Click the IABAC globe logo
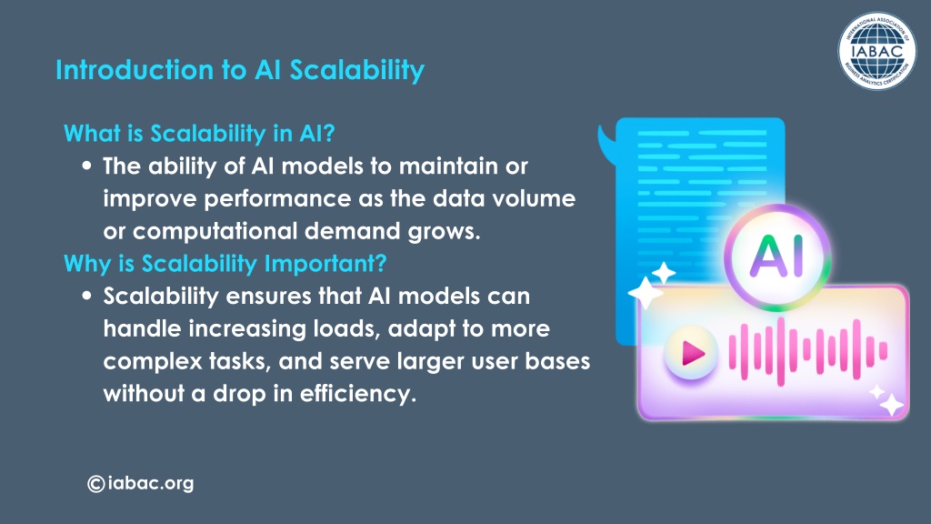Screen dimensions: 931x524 coord(877,51)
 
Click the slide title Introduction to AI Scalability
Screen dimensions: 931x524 coord(240,70)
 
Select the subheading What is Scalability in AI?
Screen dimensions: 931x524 coord(199,133)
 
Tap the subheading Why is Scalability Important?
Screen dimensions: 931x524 coord(225,263)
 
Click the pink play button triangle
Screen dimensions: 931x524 coord(693,354)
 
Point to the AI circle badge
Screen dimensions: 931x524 coord(777,257)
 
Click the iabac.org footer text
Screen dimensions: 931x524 coord(151,483)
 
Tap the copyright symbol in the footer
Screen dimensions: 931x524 coord(96,484)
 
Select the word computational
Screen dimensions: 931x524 coord(215,231)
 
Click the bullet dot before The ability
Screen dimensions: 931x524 coord(87,166)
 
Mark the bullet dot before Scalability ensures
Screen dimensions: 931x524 coord(87,296)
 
